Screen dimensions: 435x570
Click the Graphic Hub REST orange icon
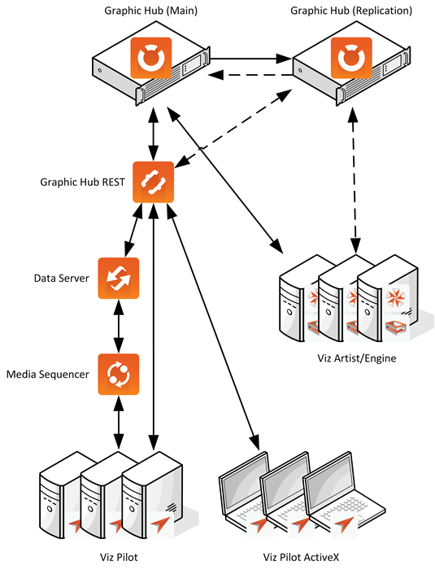tap(153, 182)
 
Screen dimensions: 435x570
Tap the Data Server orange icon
tap(119, 278)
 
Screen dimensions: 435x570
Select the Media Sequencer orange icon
tap(119, 374)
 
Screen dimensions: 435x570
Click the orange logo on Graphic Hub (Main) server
tap(150, 58)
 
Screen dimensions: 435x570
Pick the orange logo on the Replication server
tap(351, 58)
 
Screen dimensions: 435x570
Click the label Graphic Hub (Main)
tap(150, 11)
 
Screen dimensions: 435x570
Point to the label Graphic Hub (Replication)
tap(351, 11)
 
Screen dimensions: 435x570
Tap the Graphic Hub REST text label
tap(82, 182)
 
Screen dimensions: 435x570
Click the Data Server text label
tap(61, 278)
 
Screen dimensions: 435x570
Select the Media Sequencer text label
tap(48, 374)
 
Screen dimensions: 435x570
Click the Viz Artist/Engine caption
tap(357, 358)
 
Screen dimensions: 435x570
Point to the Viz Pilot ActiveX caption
tap(301, 557)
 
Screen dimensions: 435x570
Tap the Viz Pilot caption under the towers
tap(119, 557)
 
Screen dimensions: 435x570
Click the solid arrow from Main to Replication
tap(251, 58)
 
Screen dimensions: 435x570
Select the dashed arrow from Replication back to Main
tap(251, 75)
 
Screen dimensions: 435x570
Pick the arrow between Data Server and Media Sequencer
tap(119, 327)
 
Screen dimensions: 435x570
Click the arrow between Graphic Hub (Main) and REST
tap(153, 134)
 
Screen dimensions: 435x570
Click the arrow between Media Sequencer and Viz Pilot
tap(119, 423)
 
